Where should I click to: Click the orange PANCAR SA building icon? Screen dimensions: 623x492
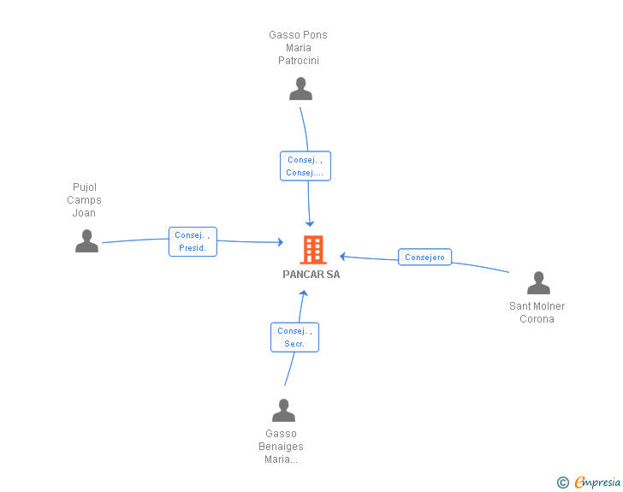[313, 250]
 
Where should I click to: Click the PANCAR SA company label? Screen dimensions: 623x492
[311, 275]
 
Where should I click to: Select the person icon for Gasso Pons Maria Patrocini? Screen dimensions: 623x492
[300, 89]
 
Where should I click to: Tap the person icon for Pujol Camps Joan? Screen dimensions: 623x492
[86, 240]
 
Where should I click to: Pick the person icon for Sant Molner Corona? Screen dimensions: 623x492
[538, 282]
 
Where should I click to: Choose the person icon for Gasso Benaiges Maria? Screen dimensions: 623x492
[284, 410]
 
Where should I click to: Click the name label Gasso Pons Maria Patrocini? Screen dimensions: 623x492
[298, 48]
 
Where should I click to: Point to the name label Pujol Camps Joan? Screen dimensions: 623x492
[84, 200]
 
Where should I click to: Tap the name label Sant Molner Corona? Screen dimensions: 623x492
[537, 312]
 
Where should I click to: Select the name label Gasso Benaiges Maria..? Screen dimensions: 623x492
[281, 447]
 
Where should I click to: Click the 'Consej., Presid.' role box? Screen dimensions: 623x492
[193, 241]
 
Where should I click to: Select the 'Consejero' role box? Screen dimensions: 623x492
[424, 258]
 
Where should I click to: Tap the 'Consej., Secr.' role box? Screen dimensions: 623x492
[294, 337]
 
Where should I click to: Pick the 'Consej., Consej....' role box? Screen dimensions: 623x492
[306, 166]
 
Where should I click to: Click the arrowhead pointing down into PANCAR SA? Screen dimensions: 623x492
[310, 223]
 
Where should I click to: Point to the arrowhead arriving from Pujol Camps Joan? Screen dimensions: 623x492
[281, 242]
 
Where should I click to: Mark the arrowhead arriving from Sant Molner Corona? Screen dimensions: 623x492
[342, 257]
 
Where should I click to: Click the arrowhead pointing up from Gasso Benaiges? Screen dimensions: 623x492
[304, 293]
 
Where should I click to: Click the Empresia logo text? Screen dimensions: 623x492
[597, 482]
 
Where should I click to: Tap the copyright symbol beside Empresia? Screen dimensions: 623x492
[562, 483]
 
